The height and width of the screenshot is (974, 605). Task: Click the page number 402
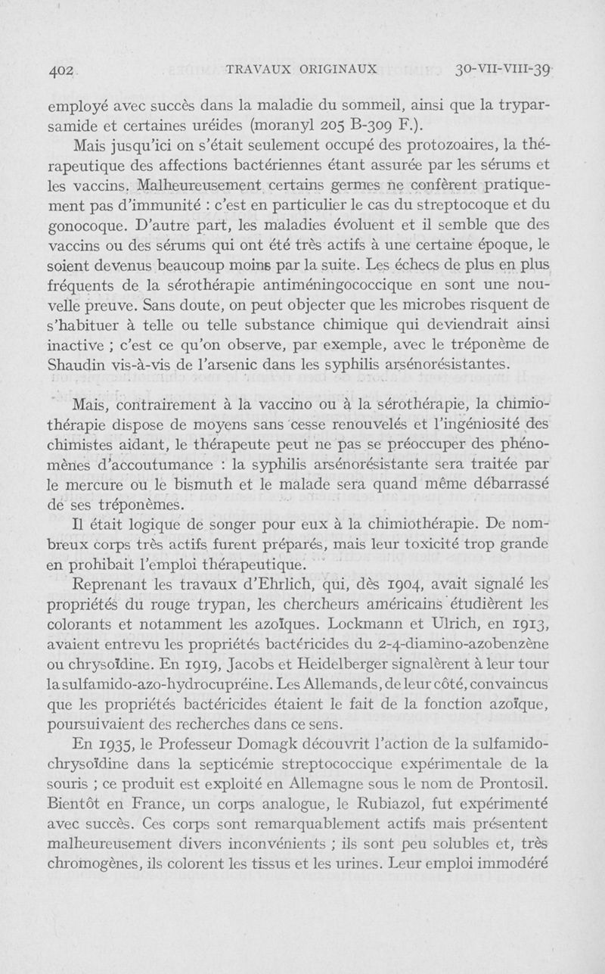[x=60, y=70]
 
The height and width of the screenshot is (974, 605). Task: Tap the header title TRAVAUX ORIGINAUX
[x=302, y=69]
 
